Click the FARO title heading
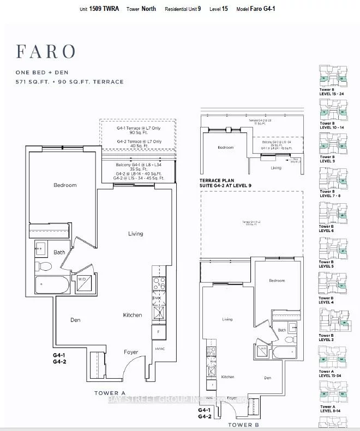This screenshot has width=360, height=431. click(46, 51)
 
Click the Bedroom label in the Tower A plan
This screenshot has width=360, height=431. click(65, 185)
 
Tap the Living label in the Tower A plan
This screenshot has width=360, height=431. click(135, 234)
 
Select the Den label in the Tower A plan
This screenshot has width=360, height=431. click(75, 320)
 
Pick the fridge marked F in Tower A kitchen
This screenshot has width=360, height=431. click(158, 331)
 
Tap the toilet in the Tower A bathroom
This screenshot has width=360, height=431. click(46, 266)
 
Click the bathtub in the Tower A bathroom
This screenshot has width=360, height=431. click(52, 285)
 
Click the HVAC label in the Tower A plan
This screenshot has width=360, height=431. click(159, 349)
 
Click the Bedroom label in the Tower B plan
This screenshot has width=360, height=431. click(277, 281)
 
